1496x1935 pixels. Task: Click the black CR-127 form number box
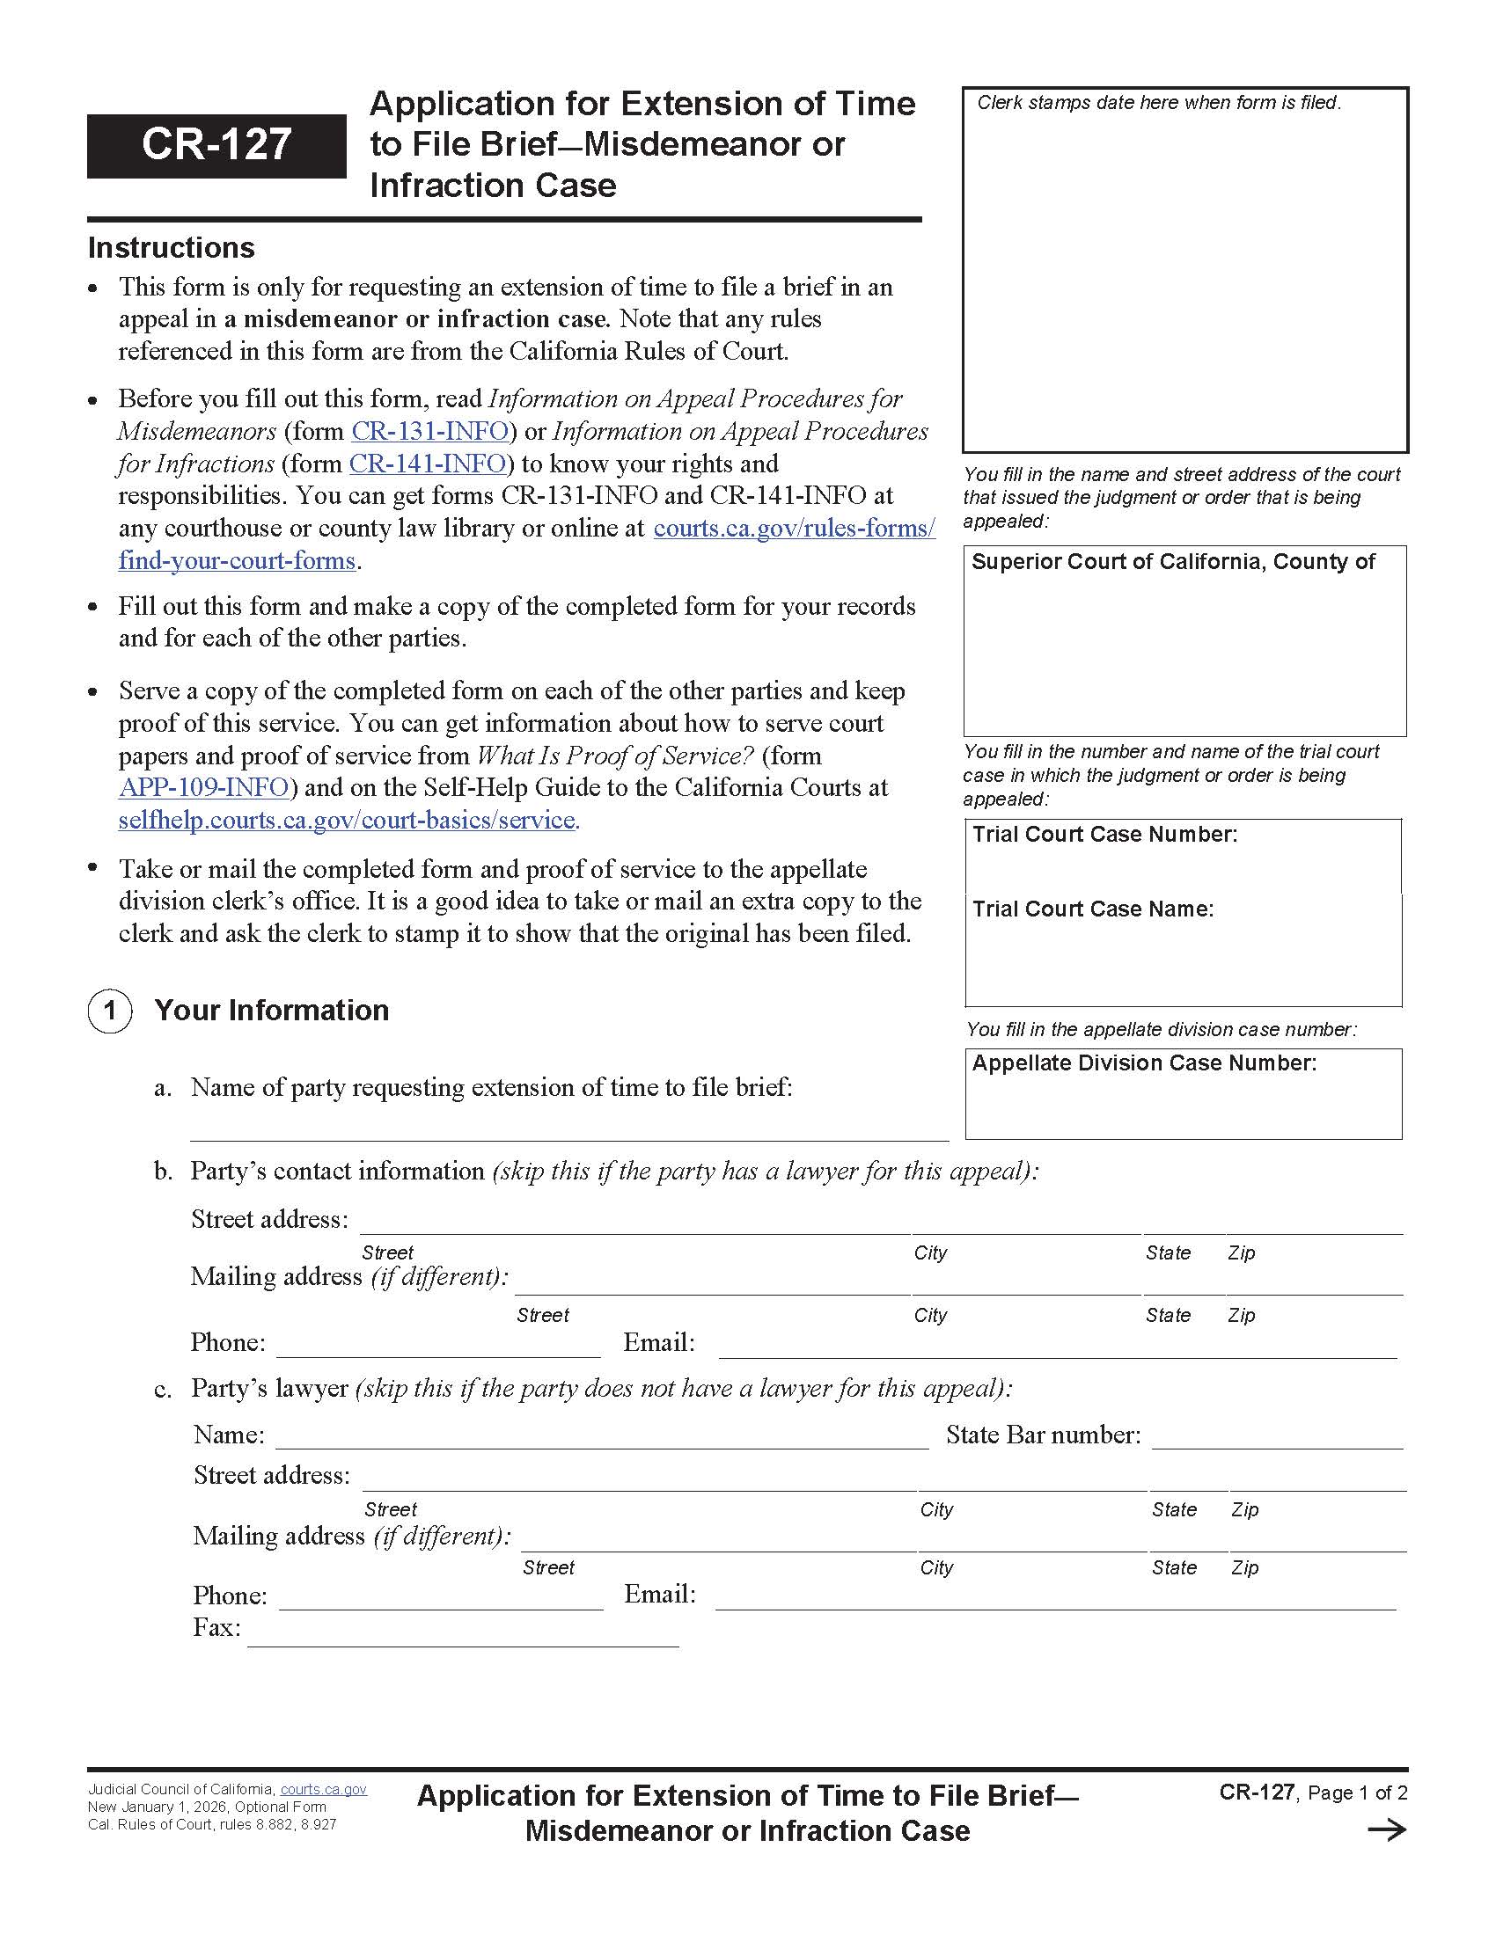(216, 145)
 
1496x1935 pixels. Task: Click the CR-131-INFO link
(429, 432)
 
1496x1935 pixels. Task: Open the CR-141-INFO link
(427, 464)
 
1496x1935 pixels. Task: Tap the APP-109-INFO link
(204, 787)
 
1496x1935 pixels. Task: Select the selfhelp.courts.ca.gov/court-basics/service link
(348, 820)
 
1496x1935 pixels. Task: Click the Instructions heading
(171, 248)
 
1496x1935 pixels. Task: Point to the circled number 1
(110, 1010)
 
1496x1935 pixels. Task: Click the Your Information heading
(271, 1010)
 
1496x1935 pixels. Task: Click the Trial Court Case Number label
(1104, 834)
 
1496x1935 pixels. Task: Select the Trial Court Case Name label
(1093, 909)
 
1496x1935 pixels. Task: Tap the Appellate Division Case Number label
(1144, 1062)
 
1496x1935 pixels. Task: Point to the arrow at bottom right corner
(1387, 1830)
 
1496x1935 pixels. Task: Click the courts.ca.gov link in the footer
(324, 1789)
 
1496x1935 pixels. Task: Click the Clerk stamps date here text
(1158, 103)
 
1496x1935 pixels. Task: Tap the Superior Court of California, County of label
(1172, 562)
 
